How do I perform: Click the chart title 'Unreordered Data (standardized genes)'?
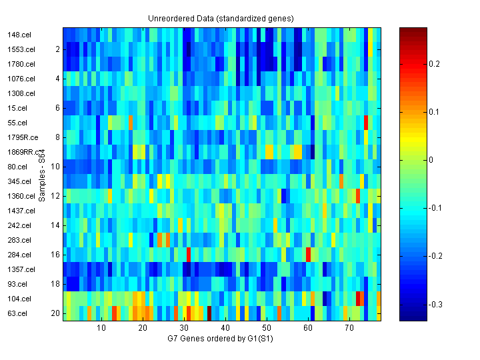221,18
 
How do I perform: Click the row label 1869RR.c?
21,152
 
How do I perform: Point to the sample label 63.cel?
17,313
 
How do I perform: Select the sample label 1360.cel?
21,196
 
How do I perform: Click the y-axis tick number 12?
56,196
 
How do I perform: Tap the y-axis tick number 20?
56,313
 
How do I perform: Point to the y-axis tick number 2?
58,49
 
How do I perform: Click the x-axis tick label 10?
101,329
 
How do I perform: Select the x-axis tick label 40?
225,329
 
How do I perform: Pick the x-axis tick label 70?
349,329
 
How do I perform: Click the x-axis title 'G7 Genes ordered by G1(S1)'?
221,339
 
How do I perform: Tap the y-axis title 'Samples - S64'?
42,175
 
